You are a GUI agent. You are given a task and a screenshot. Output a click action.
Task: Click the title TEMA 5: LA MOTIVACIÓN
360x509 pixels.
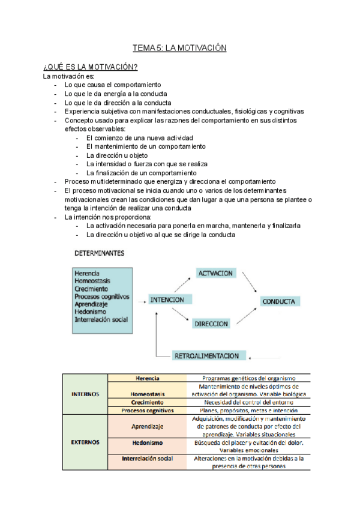[x=179, y=48]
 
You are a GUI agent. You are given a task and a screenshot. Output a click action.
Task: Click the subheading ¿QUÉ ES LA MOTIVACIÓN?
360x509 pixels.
[x=90, y=67]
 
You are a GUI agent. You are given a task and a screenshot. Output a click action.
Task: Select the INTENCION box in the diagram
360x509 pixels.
[x=167, y=300]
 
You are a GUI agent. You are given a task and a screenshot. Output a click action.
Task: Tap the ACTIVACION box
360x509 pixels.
[x=215, y=273]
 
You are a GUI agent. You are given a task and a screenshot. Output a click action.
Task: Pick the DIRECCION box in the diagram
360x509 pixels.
[x=211, y=324]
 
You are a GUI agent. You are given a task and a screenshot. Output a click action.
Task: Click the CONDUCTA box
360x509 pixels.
[x=281, y=301]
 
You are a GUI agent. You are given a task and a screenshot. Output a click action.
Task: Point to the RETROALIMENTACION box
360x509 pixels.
[x=206, y=356]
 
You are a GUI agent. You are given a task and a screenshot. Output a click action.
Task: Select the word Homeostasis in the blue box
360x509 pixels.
[x=92, y=280]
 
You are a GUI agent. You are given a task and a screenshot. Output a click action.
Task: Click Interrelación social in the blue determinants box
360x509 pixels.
[x=101, y=320]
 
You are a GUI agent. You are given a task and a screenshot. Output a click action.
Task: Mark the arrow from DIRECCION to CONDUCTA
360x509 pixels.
[x=250, y=316]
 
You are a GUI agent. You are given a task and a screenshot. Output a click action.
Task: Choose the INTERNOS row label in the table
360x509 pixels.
[x=85, y=394]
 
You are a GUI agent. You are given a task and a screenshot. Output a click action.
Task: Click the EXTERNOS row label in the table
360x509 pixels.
[x=85, y=442]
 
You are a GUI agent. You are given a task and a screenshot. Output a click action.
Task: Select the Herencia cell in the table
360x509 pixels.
[x=147, y=378]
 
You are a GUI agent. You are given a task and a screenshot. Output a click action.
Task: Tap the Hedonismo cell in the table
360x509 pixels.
[x=147, y=442]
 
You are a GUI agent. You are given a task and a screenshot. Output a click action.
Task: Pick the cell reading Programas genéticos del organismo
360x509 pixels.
[x=248, y=378]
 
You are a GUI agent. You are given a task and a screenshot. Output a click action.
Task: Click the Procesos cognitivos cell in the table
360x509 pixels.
[x=147, y=411]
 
